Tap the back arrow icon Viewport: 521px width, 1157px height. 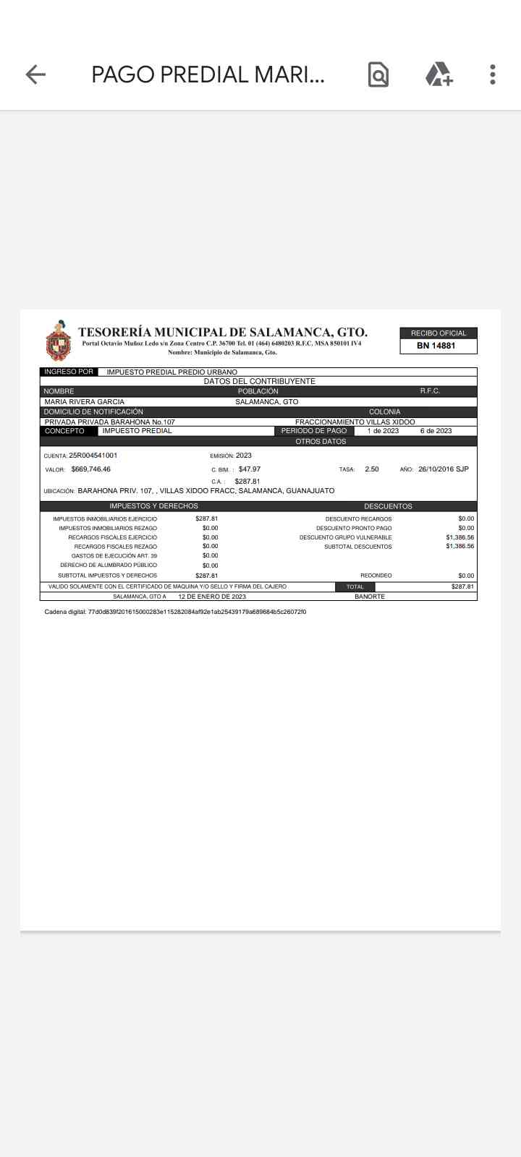pos(35,74)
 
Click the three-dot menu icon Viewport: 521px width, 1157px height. pos(492,74)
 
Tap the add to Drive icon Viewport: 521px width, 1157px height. pos(439,74)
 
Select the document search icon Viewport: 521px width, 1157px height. pos(378,74)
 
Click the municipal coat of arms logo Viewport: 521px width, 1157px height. pos(59,341)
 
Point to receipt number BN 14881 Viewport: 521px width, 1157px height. pos(436,346)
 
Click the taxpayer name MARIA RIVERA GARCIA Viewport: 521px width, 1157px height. pos(85,401)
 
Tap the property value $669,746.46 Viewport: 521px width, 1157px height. pos(90,469)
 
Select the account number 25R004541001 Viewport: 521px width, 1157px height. pos(93,456)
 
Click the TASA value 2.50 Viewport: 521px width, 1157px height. pos(372,469)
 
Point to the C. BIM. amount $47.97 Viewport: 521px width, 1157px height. pos(250,469)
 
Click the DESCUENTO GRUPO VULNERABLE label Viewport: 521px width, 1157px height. pos(346,537)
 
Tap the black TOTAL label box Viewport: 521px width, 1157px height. pos(355,586)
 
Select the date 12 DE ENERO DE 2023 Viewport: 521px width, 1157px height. pos(212,597)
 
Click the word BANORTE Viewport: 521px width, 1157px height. pos(370,597)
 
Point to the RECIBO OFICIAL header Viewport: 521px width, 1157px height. pos(439,333)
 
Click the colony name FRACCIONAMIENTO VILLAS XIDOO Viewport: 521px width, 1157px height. pos(355,422)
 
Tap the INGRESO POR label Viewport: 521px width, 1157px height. pos(69,372)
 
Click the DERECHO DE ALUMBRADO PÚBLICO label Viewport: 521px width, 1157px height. pos(109,565)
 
